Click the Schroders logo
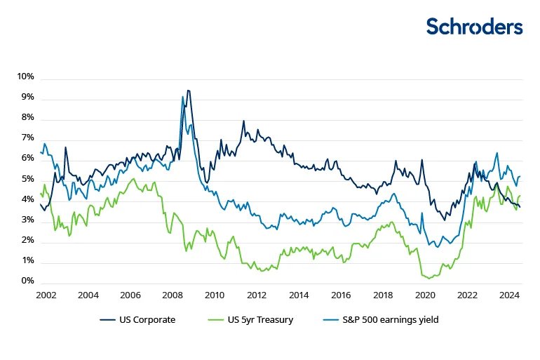click(x=474, y=27)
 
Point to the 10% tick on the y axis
click(x=25, y=76)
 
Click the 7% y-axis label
click(x=27, y=138)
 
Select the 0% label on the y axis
click(x=27, y=281)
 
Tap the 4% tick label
click(x=27, y=199)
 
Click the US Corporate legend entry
click(x=137, y=321)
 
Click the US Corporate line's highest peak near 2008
click(x=188, y=91)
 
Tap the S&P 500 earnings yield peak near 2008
click(x=182, y=97)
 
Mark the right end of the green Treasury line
click(x=520, y=196)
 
